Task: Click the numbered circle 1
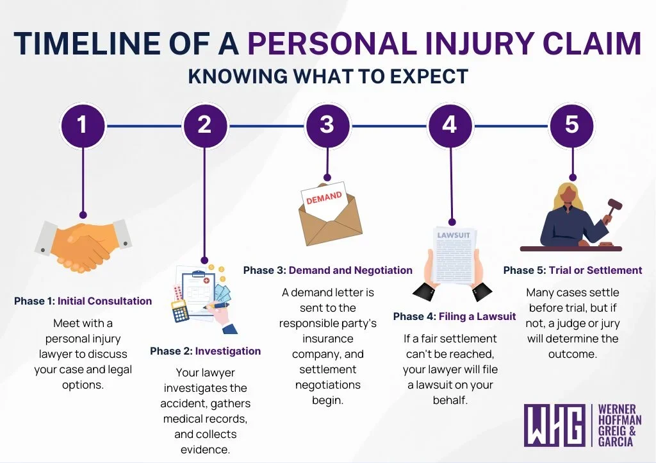point(82,124)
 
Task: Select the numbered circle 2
point(204,124)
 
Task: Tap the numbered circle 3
point(327,124)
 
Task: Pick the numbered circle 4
point(450,124)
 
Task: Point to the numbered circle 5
point(572,124)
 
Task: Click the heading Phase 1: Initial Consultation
point(83,301)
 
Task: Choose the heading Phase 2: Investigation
point(206,351)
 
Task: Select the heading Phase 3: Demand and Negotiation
point(327,270)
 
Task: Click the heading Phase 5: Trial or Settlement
point(572,270)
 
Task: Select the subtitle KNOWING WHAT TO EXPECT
point(328,76)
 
